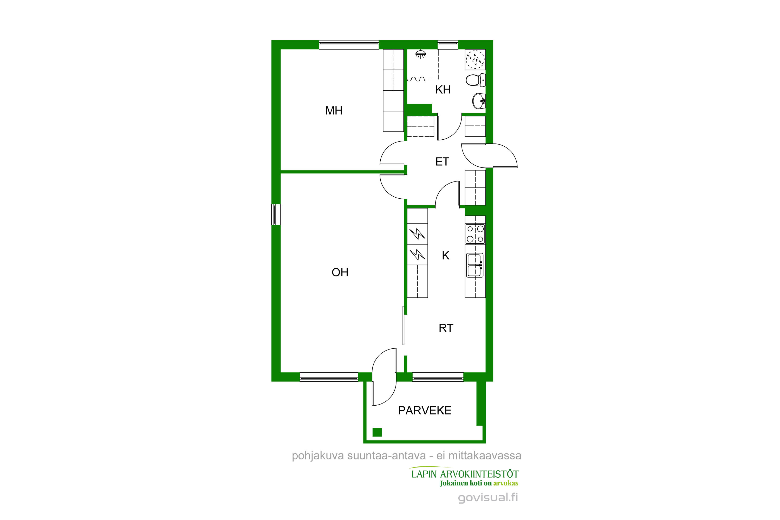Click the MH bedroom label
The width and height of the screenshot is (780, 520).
pos(334,110)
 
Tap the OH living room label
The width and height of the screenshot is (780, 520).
pos(340,272)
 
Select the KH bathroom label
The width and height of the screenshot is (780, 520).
pos(443,89)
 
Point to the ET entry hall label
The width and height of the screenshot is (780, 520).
pos(442,161)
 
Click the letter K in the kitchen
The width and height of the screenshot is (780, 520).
pos(446,255)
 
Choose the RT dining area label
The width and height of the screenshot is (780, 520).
pos(446,328)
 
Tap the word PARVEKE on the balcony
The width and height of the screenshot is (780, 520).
pos(425,411)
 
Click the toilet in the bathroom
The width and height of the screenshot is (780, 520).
pos(476,80)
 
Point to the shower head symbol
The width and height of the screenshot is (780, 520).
pos(420,54)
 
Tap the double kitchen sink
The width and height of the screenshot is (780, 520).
pos(475,265)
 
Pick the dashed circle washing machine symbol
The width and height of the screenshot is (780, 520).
pos(475,60)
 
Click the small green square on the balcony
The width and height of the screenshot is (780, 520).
pos(377,432)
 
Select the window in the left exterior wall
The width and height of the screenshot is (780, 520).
pos(276,214)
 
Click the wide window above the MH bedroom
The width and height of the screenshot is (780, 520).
pos(349,45)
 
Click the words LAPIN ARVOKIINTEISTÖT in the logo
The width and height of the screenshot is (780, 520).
pos(465,474)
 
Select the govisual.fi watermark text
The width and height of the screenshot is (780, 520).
pos(488,498)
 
